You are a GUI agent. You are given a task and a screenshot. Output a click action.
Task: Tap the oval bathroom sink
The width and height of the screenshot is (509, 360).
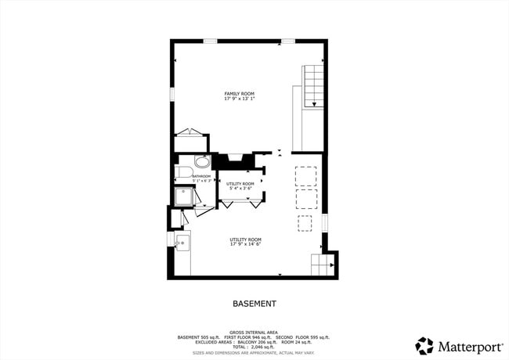tap(202, 164)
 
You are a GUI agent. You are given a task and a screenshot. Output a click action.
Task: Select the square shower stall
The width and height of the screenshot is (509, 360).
tap(182, 196)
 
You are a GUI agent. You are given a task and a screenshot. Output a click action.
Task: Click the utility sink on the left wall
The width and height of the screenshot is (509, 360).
tap(182, 243)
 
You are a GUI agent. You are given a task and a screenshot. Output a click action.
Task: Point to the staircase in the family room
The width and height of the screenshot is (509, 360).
tap(313, 86)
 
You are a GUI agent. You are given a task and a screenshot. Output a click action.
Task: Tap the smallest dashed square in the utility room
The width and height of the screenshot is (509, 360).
tap(305, 225)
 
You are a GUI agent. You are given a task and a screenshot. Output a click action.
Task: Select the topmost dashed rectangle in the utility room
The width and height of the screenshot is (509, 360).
tap(305, 174)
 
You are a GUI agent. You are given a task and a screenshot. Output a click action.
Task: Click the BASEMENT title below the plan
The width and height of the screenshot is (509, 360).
tap(254, 303)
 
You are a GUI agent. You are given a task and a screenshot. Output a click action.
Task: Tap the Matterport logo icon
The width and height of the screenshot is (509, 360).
tap(424, 345)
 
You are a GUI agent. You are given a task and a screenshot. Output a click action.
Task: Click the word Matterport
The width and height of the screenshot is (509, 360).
tap(467, 345)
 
